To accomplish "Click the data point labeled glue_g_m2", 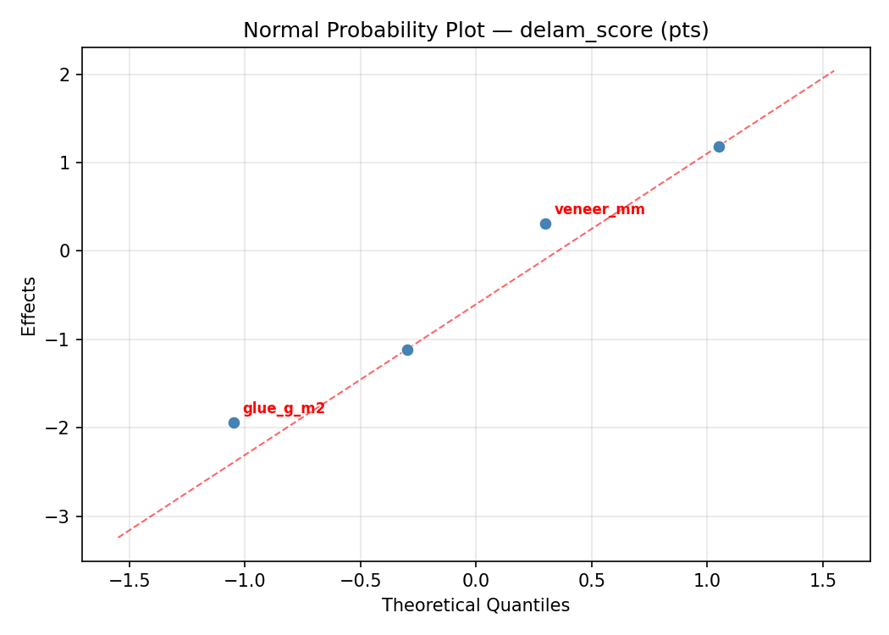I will [234, 422].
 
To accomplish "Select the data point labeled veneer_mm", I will [545, 224].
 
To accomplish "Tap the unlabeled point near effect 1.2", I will [719, 146].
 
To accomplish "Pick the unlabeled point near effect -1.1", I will [407, 350].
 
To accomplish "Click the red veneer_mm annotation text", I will [599, 209].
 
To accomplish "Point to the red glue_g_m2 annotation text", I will [284, 408].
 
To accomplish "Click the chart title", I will [476, 30].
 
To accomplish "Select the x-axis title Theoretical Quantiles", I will [476, 605].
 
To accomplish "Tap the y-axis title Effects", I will [30, 306].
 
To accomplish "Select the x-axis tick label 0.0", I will [476, 582].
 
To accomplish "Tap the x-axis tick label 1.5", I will [822, 582].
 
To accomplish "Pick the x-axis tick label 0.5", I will [591, 582].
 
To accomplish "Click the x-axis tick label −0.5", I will [360, 582].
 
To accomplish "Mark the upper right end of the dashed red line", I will [834, 70].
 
